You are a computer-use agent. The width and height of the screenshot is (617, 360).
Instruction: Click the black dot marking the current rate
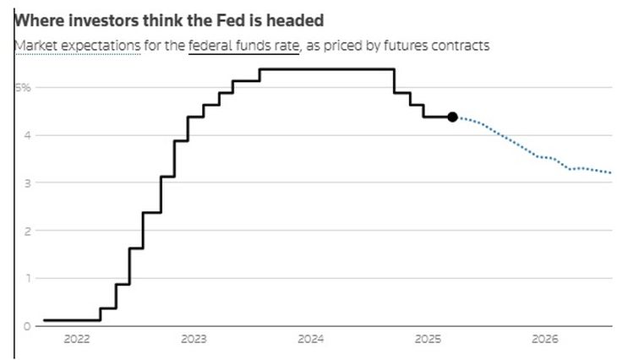click(452, 117)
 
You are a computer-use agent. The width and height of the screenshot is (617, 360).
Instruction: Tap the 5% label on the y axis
click(23, 88)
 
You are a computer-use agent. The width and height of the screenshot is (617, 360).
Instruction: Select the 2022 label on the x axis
click(76, 340)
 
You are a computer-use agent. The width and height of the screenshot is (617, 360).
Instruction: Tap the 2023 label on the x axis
click(194, 340)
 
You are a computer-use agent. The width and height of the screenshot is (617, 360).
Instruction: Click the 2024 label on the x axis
click(310, 340)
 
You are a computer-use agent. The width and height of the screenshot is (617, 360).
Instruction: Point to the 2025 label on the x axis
click(428, 340)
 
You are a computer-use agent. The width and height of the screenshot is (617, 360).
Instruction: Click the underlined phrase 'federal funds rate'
click(244, 46)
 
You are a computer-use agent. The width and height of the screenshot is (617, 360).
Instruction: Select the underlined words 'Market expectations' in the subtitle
click(77, 46)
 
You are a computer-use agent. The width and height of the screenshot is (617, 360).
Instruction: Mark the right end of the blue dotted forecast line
click(610, 172)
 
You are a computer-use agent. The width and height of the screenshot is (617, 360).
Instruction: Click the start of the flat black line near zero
click(45, 320)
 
